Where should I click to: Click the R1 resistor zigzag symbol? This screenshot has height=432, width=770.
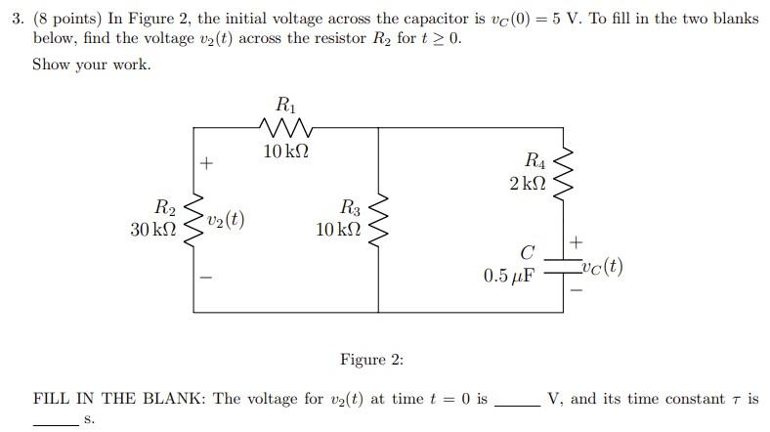286,127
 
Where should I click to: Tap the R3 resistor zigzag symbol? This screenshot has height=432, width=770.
380,220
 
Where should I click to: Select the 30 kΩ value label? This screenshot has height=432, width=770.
152,230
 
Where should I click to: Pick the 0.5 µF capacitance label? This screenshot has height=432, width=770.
509,276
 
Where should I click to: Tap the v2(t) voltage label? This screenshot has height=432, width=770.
225,220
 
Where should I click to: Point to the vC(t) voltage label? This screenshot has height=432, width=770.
601,267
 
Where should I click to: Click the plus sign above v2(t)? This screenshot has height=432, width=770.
206,164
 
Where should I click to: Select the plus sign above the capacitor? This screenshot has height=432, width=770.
577,240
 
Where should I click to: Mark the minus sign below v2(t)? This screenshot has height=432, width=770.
206,277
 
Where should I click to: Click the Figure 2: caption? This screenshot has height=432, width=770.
371,360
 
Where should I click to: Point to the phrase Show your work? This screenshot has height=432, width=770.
92,65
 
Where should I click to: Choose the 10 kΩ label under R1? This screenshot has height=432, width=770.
286,151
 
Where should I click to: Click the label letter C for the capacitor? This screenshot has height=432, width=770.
526,254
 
